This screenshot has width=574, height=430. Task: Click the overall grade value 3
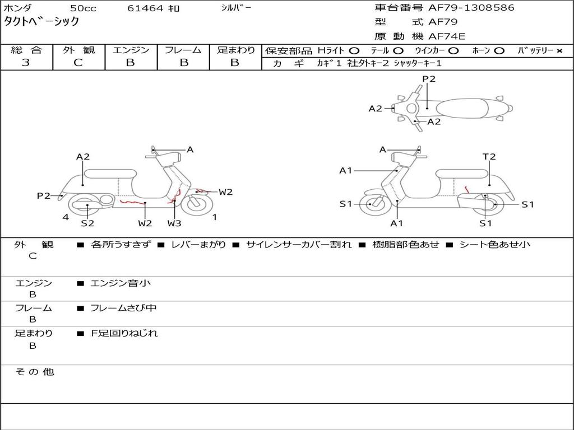pos(26,63)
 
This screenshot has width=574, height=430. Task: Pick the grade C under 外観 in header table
pos(78,63)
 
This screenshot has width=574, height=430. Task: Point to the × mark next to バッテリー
pos(559,51)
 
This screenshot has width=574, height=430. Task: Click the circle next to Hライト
pos(354,51)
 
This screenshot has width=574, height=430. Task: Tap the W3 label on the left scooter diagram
pos(174,223)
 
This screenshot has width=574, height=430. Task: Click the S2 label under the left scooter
pos(87,223)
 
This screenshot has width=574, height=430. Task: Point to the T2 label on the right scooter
pos(489,157)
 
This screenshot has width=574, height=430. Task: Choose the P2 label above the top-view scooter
pos(429,79)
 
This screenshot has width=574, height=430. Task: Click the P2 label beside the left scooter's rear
pos(44,195)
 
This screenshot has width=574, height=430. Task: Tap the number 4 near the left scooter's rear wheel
pos(66,217)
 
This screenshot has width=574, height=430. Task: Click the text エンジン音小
pos(121,283)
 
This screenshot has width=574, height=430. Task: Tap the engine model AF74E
pos(447,36)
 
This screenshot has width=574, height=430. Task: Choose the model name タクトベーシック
pos(42,22)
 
